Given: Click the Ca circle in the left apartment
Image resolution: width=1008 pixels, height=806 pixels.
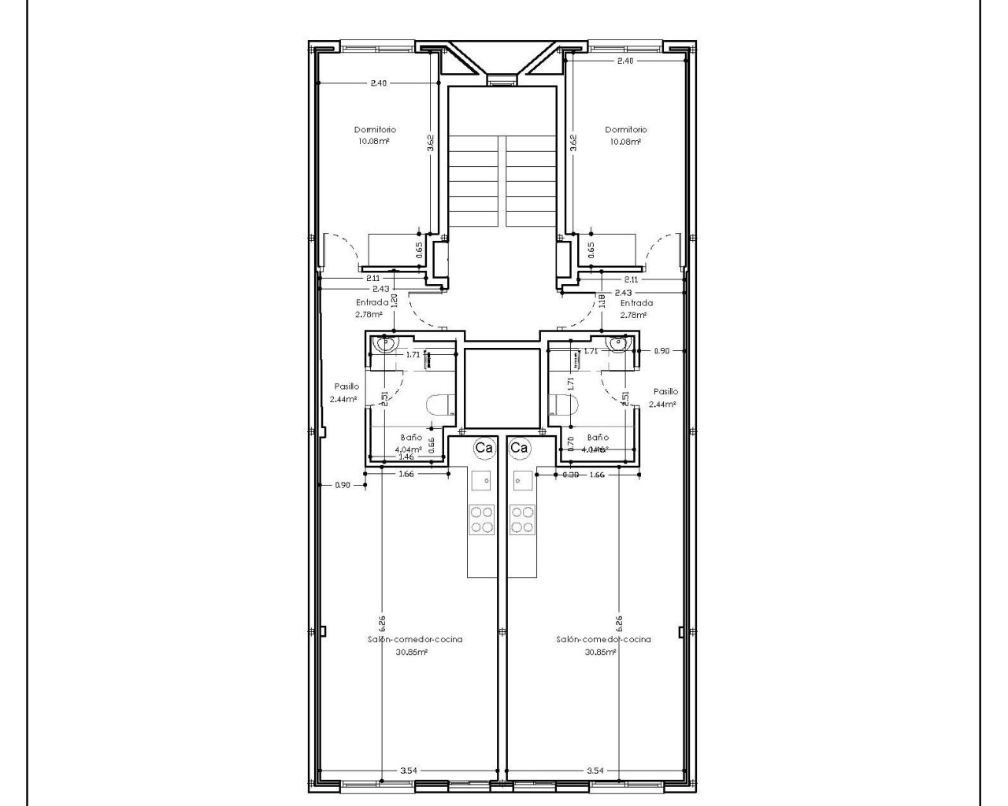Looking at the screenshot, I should [484, 448].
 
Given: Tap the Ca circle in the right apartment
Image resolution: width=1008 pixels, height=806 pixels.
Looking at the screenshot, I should [518, 448].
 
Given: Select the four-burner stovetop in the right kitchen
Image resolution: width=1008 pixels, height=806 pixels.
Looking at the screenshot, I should [521, 519].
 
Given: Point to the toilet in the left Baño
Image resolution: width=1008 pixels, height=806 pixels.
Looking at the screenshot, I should [440, 405].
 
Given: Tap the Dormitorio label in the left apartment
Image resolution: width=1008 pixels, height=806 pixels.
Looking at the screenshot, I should [375, 129].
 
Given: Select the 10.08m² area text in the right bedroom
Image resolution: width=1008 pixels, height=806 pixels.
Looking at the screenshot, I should [625, 142].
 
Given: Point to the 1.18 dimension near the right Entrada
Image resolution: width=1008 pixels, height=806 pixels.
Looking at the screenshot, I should [602, 299].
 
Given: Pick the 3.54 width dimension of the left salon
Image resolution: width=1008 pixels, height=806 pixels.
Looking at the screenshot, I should [408, 771].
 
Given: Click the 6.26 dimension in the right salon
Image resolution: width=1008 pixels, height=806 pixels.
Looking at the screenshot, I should [619, 623].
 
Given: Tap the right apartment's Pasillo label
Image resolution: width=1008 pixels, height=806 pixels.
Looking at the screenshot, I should [665, 391].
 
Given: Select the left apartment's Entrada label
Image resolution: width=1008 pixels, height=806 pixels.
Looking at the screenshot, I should [372, 302].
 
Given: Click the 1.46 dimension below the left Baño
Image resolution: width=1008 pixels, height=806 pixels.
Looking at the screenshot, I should [406, 457].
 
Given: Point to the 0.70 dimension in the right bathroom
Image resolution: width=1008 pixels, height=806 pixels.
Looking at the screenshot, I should [570, 442].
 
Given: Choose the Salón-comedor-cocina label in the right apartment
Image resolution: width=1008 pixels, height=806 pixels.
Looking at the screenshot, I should [603, 640].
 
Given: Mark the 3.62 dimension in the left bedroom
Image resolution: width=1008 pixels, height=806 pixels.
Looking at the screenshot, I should [430, 142].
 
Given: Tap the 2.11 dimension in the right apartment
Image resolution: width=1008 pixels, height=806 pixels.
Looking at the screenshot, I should [631, 279].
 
